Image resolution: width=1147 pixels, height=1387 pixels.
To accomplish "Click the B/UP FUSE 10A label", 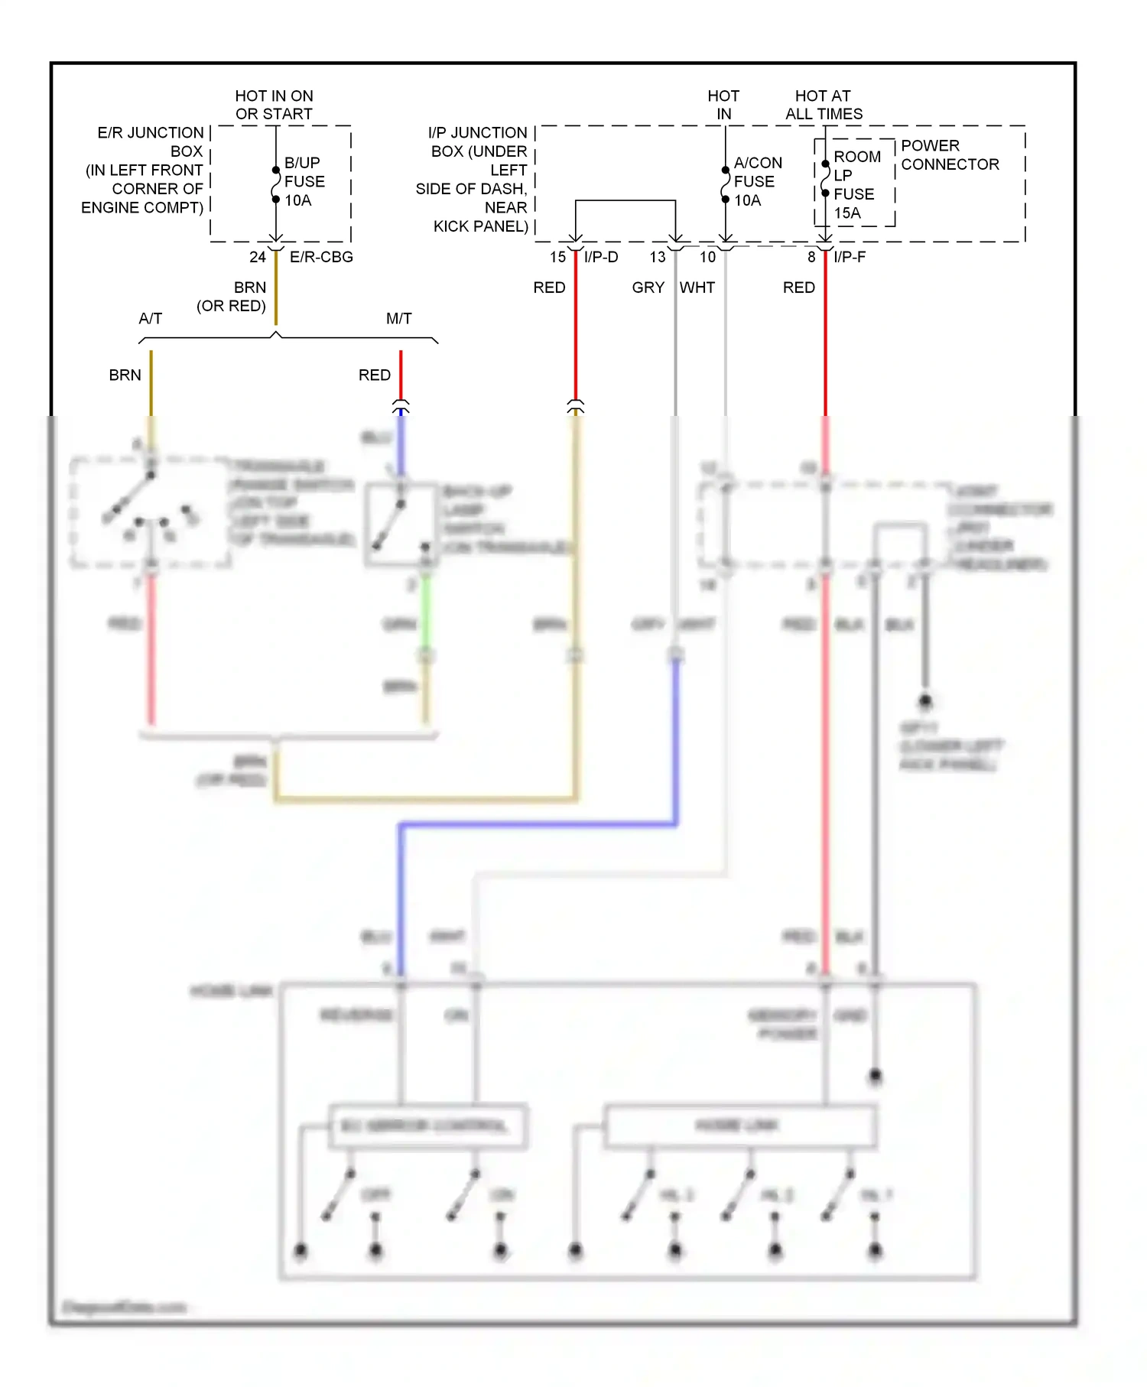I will click(x=304, y=182).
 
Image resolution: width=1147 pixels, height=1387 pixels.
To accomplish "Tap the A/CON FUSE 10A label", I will click(x=756, y=182).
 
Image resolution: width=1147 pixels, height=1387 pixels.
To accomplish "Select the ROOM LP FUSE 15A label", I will click(x=856, y=185).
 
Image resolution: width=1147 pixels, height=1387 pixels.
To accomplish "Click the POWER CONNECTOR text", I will click(x=949, y=155).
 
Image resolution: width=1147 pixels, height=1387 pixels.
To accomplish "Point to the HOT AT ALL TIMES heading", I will click(x=824, y=105).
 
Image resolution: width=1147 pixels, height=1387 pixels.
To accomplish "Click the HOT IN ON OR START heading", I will click(x=274, y=105).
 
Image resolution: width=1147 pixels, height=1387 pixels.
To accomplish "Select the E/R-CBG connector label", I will click(x=321, y=257).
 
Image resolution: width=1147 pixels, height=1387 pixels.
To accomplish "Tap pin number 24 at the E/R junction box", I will click(x=258, y=257).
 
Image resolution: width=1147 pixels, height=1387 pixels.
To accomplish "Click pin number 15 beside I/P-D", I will click(x=557, y=257).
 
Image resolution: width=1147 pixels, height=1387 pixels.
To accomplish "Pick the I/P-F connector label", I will click(x=850, y=257).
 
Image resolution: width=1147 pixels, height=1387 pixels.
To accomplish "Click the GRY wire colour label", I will click(x=648, y=287).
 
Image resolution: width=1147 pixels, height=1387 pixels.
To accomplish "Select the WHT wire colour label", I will click(x=697, y=287).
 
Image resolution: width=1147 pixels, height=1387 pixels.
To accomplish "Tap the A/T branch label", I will click(x=151, y=318).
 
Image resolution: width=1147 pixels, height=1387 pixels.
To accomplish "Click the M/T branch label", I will click(x=398, y=318).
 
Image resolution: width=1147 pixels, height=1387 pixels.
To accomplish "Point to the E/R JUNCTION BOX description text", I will click(x=144, y=170).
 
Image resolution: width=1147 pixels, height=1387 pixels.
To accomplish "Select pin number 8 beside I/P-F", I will click(x=811, y=257).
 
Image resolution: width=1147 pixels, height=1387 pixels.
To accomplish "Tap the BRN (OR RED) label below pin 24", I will click(x=232, y=297).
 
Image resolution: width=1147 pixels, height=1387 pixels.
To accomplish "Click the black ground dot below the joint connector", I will click(x=924, y=700).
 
